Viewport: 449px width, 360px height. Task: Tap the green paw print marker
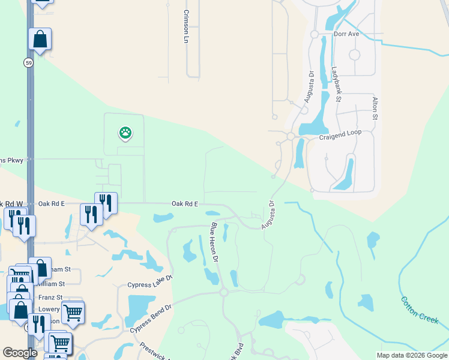click(125, 133)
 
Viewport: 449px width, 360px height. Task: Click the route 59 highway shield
click(29, 62)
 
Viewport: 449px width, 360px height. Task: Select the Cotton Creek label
click(420, 309)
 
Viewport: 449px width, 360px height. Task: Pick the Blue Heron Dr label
click(214, 243)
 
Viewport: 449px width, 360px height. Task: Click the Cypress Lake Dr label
click(149, 281)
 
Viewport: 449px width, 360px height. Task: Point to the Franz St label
click(50, 297)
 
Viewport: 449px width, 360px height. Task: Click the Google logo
click(20, 353)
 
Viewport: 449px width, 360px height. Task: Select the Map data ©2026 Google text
click(411, 355)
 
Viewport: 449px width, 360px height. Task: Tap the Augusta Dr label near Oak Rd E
click(268, 215)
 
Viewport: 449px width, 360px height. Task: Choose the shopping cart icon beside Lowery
click(73, 312)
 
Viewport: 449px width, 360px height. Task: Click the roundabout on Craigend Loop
click(291, 137)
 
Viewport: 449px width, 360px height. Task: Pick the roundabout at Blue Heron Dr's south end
click(224, 292)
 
